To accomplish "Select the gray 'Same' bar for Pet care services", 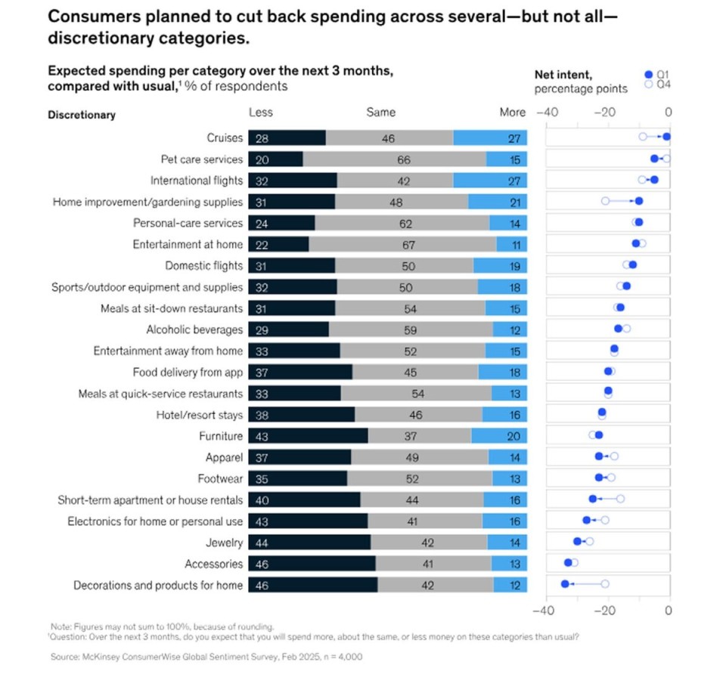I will pos(394,159).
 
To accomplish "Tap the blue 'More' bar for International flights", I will pos(489,181).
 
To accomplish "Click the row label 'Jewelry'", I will pos(225,543).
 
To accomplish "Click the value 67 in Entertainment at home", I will pos(402,244).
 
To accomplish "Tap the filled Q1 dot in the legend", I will pos(648,74).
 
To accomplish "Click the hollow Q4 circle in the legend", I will pos(648,85).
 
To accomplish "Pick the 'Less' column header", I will pos(261,113).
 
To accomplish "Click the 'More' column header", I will pos(512,113).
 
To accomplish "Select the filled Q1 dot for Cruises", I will pos(666,137).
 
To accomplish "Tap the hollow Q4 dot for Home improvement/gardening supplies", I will pos(605,201).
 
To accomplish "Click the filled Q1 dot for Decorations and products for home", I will pos(564,584).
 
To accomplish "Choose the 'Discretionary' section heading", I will pos(82,115).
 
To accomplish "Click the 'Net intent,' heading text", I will pos(563,74).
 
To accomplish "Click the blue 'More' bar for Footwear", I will pos(509,478).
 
